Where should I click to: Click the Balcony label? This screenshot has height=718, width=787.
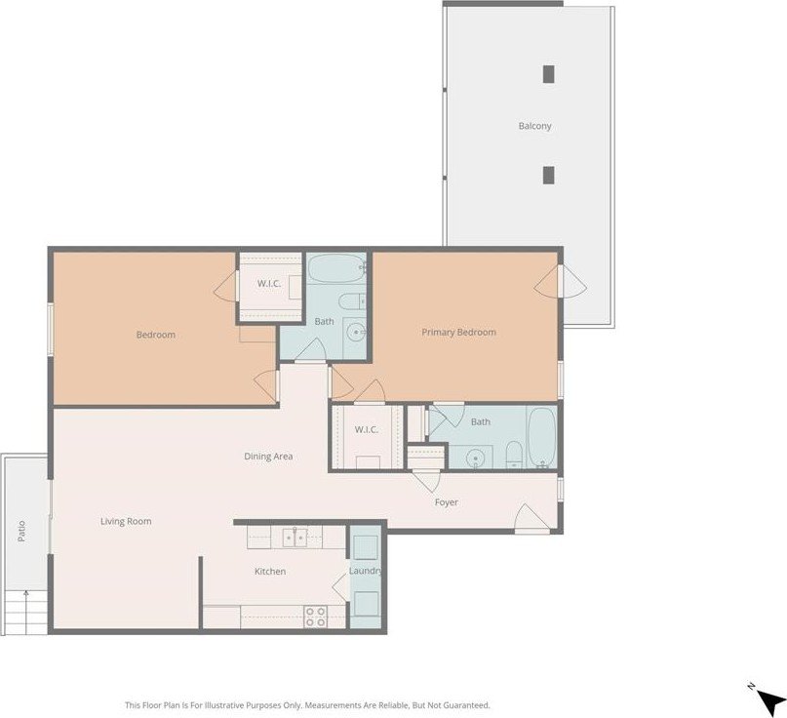(534, 126)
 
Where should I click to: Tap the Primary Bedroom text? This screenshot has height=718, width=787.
(458, 332)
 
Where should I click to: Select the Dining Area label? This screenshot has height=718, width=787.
(268, 457)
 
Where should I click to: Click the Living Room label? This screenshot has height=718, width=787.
(126, 521)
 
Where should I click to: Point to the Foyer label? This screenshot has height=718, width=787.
(446, 502)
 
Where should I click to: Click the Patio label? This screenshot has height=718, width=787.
(21, 532)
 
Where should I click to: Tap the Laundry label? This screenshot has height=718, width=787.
(365, 571)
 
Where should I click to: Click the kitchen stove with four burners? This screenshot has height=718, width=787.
(316, 617)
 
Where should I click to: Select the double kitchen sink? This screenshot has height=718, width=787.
(295, 538)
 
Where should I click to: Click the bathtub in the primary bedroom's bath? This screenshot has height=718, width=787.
(542, 437)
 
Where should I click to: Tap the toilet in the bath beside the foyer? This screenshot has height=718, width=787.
(514, 455)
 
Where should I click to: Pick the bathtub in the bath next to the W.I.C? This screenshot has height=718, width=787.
(336, 268)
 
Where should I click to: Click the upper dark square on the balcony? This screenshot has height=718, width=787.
(549, 74)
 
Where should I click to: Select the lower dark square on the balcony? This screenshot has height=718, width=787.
(549, 176)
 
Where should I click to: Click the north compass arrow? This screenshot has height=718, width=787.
(771, 701)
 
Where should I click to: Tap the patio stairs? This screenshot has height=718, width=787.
(26, 613)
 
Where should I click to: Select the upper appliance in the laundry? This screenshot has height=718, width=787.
(366, 547)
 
